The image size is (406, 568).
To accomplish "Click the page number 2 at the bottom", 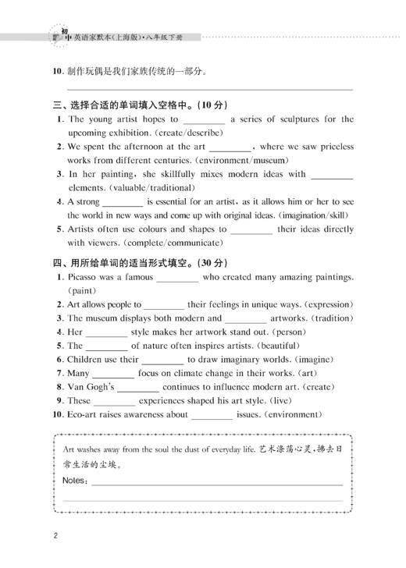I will point(55,536).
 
